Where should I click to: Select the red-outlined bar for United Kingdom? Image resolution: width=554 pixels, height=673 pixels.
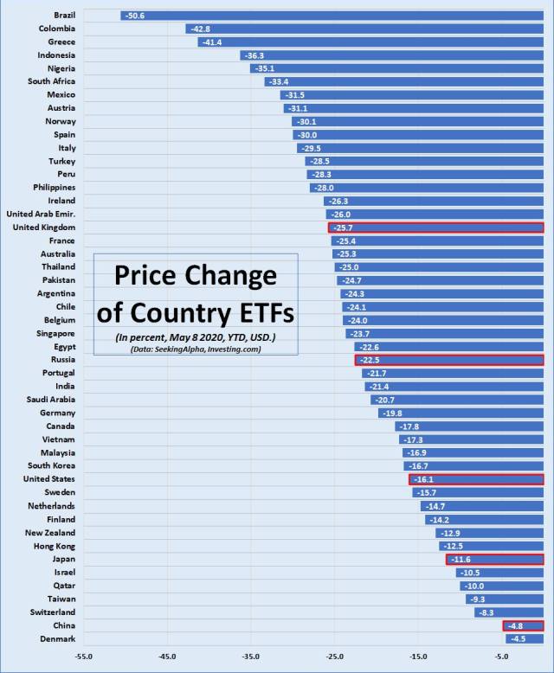[x=435, y=228]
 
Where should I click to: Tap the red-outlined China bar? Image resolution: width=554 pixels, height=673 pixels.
[x=523, y=625]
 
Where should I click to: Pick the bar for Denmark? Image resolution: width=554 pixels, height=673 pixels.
[x=525, y=639]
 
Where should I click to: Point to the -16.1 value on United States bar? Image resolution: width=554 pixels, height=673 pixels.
[x=423, y=479]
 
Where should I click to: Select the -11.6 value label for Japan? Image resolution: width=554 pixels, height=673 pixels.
[x=461, y=559]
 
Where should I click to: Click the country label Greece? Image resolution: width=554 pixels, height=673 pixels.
[x=61, y=42]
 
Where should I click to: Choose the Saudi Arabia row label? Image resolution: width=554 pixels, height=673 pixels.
[x=53, y=400]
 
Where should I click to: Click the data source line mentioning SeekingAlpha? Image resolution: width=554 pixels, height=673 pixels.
[x=196, y=349]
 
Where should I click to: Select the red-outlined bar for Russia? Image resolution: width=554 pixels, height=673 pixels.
[x=448, y=360]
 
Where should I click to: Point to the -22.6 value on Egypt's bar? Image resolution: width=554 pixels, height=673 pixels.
[x=370, y=347]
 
